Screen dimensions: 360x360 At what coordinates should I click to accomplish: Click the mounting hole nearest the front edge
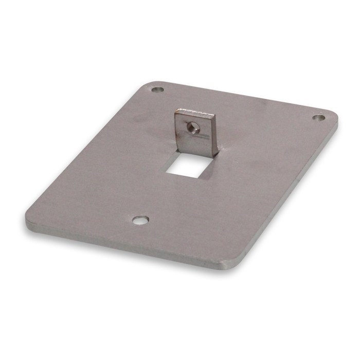coord(139,220)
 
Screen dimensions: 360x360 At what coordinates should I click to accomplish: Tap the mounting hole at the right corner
coord(318,118)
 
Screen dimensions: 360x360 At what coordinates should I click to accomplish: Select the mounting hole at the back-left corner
coord(158,90)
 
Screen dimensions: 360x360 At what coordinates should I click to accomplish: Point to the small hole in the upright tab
coord(192,127)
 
